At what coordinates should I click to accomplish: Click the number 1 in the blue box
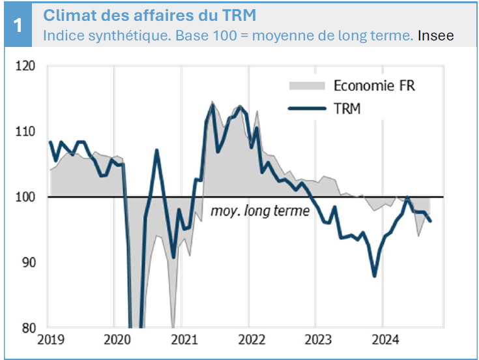click(x=18, y=25)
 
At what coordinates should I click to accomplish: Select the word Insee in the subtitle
click(x=435, y=35)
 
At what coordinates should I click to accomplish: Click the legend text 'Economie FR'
click(x=374, y=85)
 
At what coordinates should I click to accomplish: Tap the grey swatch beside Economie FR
click(x=307, y=85)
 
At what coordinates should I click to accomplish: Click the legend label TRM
click(x=347, y=108)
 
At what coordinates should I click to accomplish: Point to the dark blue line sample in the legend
click(x=307, y=108)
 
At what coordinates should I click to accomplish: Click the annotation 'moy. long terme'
click(x=259, y=211)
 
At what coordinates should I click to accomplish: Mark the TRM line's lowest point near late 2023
click(x=374, y=276)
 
